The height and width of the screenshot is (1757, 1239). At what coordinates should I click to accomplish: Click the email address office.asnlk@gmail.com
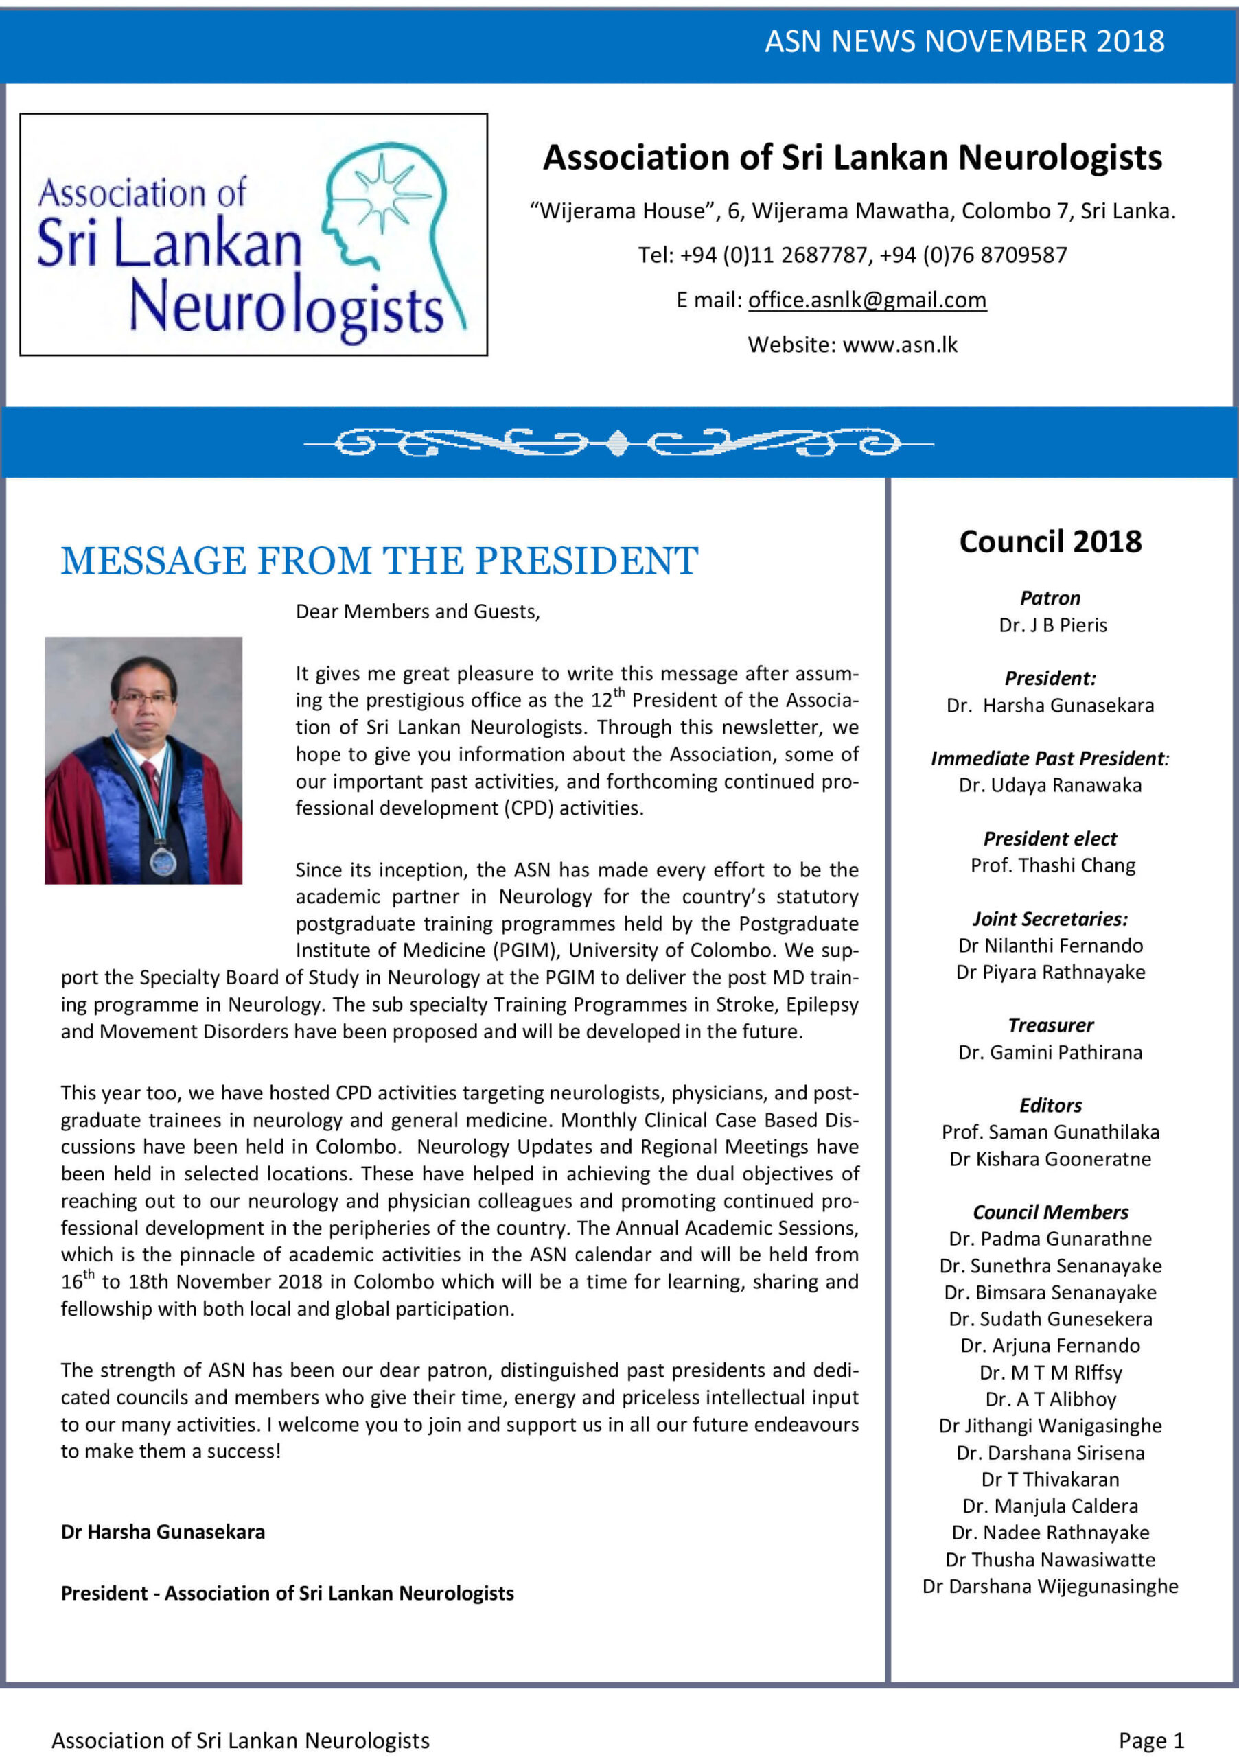click(x=867, y=300)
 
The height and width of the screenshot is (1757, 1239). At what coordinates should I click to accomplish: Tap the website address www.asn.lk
click(x=900, y=345)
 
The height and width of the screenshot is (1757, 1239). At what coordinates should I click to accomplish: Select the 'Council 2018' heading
click(x=1050, y=542)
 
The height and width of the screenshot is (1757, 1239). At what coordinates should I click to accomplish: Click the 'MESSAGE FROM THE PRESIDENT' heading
click(x=379, y=561)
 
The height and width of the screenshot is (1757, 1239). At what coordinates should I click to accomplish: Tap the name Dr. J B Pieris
click(x=1052, y=625)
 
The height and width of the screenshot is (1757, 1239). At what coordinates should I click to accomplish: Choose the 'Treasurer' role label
click(x=1050, y=1025)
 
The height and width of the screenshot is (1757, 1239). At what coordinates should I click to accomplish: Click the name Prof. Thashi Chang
click(x=1052, y=865)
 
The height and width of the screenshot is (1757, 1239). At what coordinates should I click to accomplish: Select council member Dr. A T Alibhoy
click(x=1050, y=1399)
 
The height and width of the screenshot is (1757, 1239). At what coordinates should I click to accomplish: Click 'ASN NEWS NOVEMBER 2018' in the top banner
click(x=964, y=41)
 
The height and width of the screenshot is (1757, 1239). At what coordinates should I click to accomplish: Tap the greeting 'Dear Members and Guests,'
click(x=418, y=612)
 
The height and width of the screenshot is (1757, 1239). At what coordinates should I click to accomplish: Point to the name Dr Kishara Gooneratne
click(x=1050, y=1159)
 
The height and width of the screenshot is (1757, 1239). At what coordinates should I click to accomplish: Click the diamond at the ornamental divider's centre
click(x=618, y=443)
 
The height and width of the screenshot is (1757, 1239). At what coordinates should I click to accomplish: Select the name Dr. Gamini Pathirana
click(x=1050, y=1052)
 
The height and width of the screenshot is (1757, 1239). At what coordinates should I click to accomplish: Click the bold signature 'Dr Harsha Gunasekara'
click(x=163, y=1532)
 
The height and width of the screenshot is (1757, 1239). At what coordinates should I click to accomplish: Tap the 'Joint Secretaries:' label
click(x=1050, y=919)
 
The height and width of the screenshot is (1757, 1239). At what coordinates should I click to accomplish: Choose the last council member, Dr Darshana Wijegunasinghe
click(x=1050, y=1586)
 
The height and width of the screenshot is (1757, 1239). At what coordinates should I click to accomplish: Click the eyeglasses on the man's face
click(x=144, y=699)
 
